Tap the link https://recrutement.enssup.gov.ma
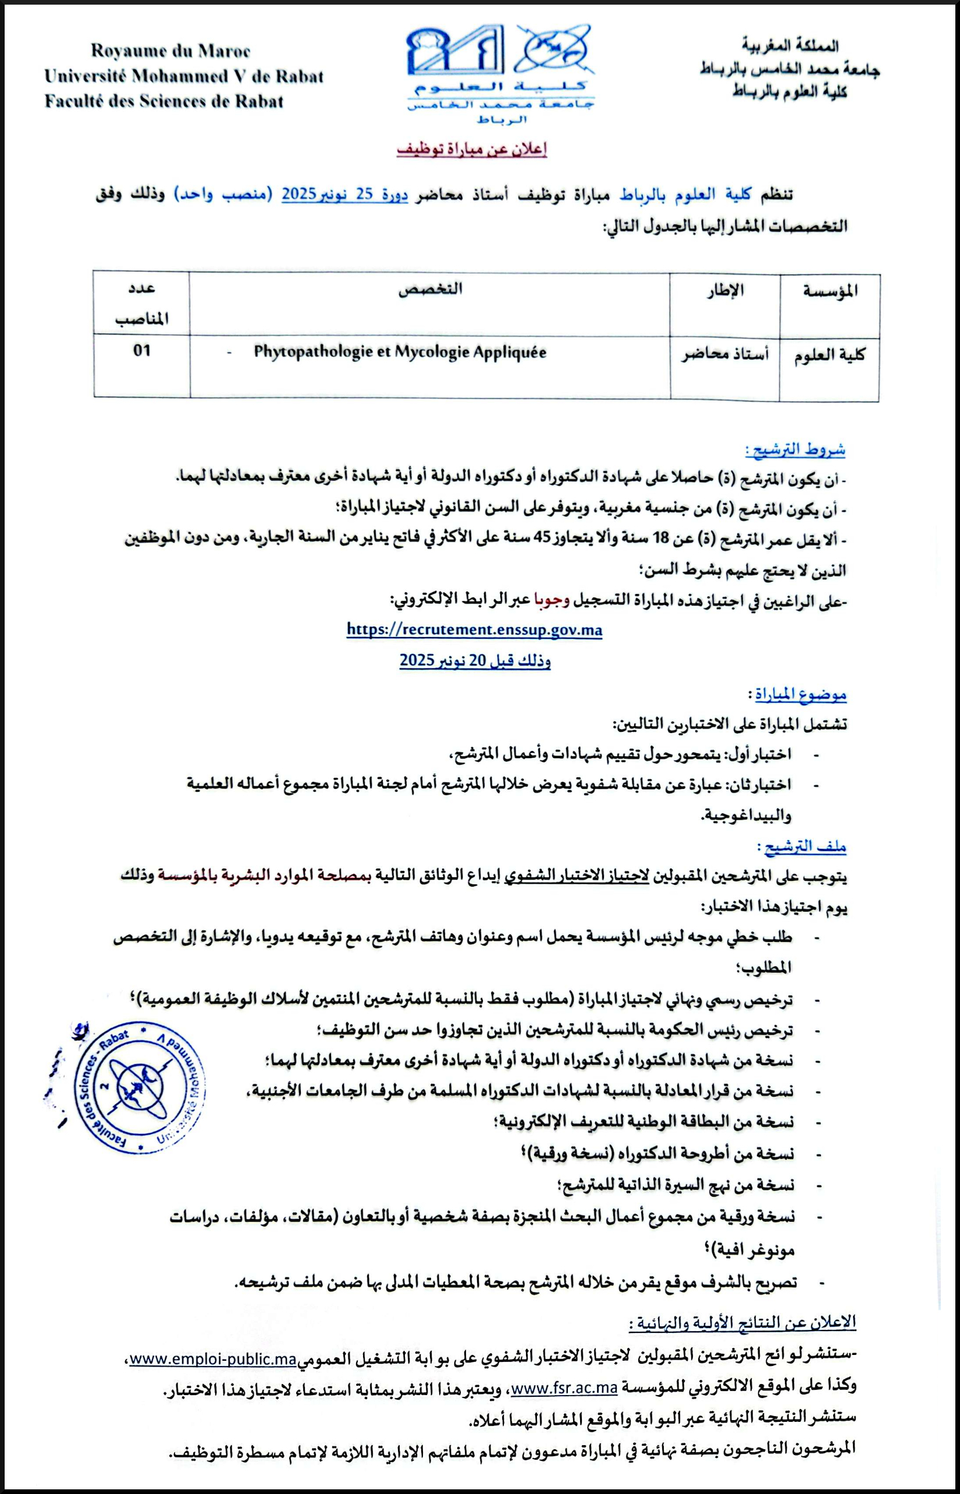[x=474, y=629]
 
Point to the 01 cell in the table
[x=141, y=351]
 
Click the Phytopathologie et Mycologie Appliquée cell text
[x=400, y=352]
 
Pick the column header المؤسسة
[x=830, y=290]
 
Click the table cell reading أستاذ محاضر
[x=724, y=355]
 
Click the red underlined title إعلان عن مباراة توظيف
[x=472, y=150]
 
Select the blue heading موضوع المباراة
[x=801, y=693]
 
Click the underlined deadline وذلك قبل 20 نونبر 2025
[x=475, y=661]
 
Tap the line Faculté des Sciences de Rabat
[x=164, y=101]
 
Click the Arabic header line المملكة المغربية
[x=790, y=46]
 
